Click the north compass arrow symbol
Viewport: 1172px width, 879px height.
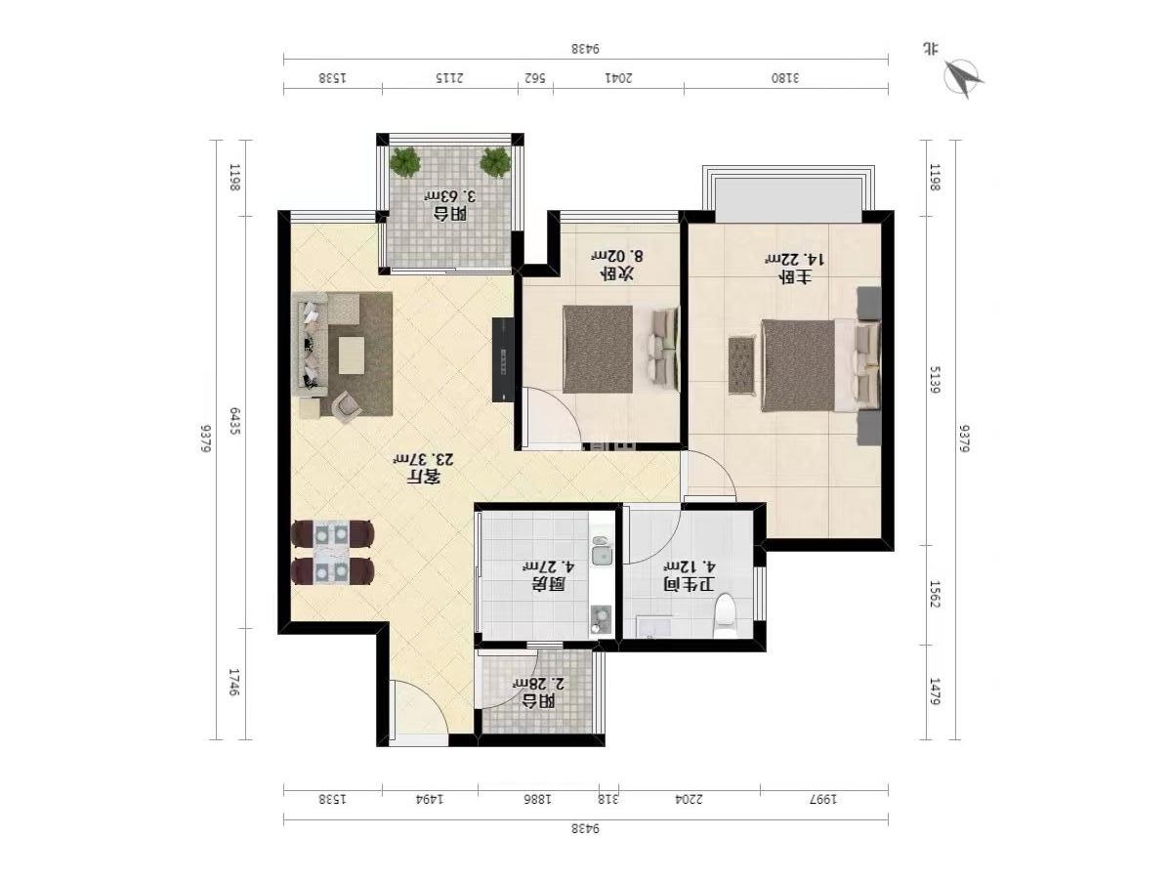tap(964, 79)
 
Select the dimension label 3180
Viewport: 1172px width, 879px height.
tap(785, 78)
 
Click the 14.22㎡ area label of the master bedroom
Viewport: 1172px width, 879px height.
tap(795, 260)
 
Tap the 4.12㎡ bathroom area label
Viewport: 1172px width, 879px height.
tap(689, 565)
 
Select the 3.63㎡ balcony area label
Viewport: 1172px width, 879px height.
tap(449, 196)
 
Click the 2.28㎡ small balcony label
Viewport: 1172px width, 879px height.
tap(538, 683)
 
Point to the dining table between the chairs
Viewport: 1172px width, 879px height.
tap(331, 553)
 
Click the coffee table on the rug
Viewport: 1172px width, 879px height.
tap(352, 356)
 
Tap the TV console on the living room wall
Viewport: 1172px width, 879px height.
tap(503, 359)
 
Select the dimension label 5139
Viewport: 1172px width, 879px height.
tap(935, 380)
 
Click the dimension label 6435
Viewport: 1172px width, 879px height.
tap(234, 421)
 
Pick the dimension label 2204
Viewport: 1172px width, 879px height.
tap(689, 800)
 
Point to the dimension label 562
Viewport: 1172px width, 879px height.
tap(534, 78)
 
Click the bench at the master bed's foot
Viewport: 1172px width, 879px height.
tap(742, 365)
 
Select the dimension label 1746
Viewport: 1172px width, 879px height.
tap(234, 683)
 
